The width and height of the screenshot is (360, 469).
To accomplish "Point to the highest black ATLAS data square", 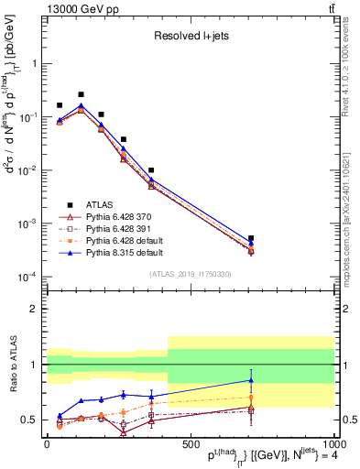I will pos(81,94).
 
